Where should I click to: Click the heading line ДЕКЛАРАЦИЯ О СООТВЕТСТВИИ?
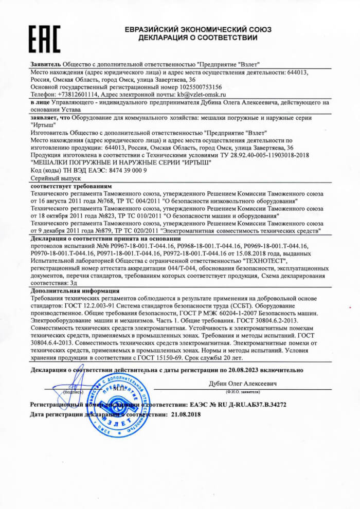197,38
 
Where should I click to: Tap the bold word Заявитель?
46,64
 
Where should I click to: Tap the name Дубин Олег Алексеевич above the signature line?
243,384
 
